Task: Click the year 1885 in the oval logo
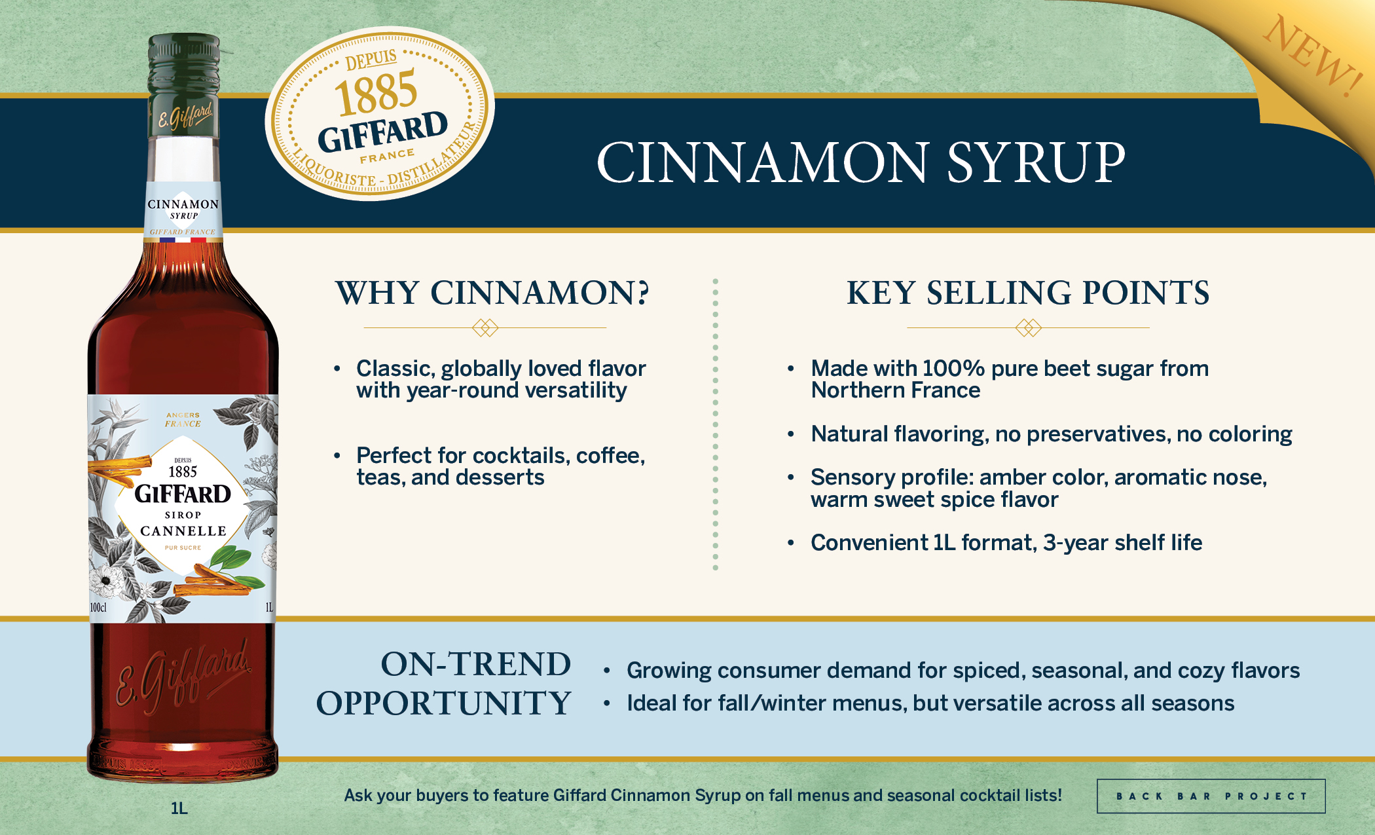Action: (376, 92)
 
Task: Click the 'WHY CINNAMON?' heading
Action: (492, 293)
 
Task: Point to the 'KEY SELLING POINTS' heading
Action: (1028, 293)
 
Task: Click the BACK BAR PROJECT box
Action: (1211, 796)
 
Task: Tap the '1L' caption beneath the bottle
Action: (179, 808)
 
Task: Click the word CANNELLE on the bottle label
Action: (183, 531)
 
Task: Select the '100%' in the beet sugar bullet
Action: (953, 369)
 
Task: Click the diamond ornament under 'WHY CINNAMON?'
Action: (485, 327)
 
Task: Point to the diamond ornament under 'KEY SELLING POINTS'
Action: (1028, 327)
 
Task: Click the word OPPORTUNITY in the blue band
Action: (444, 703)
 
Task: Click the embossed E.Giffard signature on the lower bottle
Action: (184, 678)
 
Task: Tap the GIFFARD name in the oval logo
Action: (383, 131)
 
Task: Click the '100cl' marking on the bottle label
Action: (98, 608)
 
